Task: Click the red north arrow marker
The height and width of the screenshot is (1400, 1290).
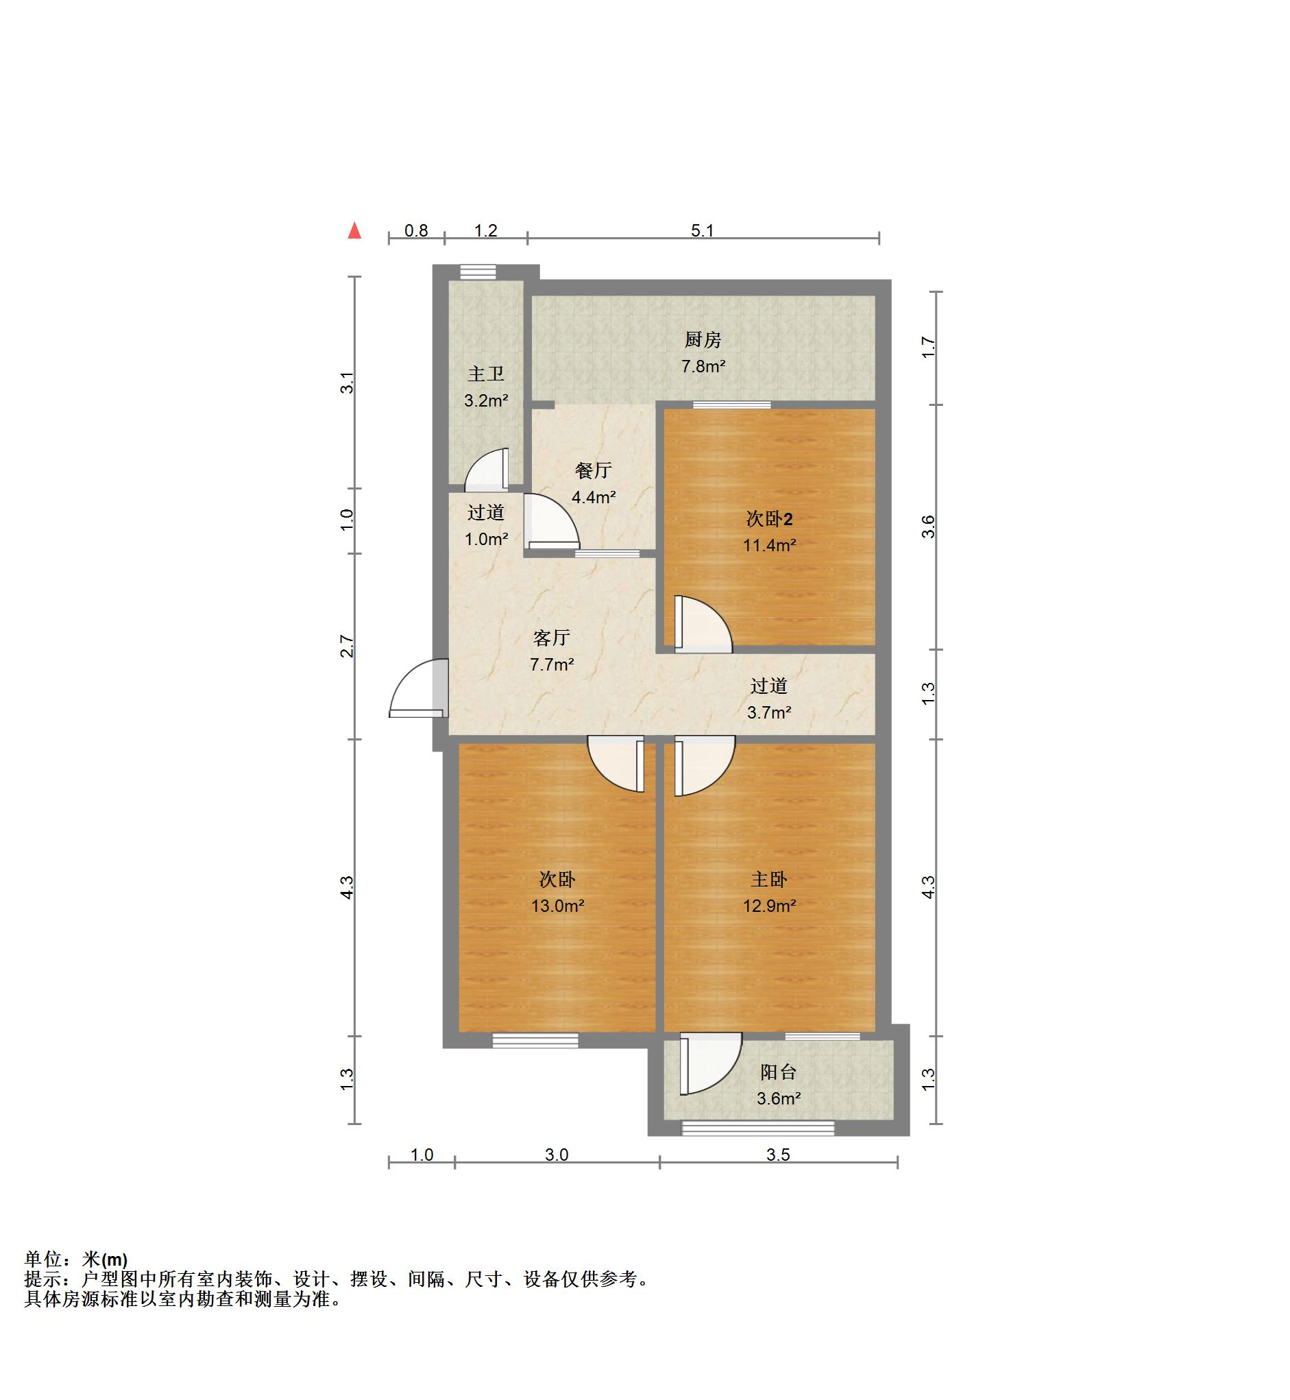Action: coord(354,230)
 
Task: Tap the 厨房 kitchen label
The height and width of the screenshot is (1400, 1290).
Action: coord(703,340)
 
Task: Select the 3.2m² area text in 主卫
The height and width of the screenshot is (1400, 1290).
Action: coord(486,401)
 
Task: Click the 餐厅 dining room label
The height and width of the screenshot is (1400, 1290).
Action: coord(594,470)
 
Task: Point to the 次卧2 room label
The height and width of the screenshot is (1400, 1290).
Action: coord(769,519)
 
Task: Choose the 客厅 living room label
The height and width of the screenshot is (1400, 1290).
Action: coord(552,638)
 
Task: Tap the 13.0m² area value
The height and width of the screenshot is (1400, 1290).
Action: coord(557,906)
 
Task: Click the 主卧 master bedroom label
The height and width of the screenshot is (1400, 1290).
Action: coord(769,880)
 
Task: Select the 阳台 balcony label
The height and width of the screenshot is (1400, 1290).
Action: coord(779,1072)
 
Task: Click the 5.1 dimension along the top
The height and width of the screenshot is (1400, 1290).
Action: coord(703,230)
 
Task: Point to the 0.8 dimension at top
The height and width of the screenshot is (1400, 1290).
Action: coord(416,230)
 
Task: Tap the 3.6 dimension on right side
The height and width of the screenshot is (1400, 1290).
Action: coord(927,527)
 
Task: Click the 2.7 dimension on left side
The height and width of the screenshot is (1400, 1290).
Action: coord(347,646)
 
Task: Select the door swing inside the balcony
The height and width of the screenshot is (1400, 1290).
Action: coord(709,1064)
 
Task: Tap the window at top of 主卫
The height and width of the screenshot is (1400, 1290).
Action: coord(478,271)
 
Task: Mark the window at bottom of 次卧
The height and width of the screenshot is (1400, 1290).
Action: coord(535,1040)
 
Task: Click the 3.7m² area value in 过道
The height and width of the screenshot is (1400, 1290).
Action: coord(769,713)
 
